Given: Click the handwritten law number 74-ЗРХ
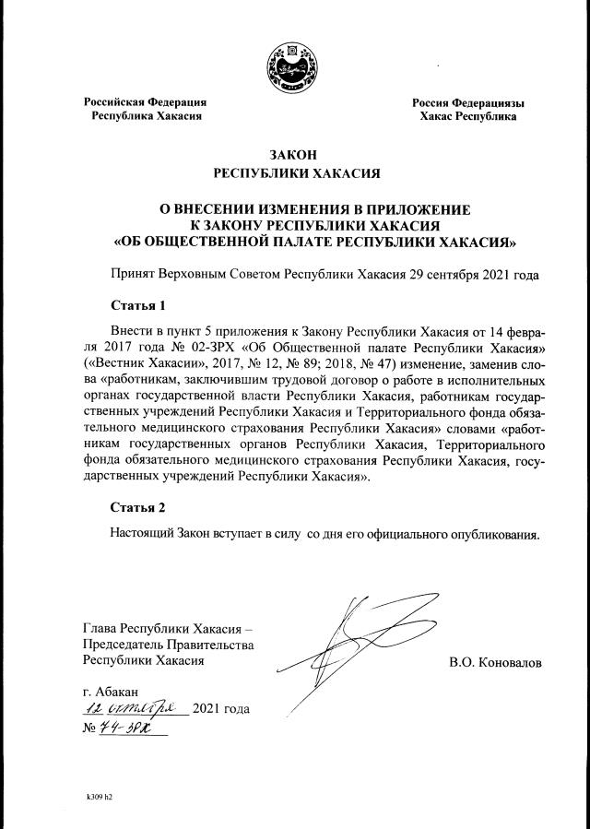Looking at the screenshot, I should click(124, 728).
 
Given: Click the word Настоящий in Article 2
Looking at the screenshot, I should click(141, 533).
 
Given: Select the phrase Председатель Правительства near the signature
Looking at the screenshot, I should click(168, 645).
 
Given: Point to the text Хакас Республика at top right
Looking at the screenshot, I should click(467, 117).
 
